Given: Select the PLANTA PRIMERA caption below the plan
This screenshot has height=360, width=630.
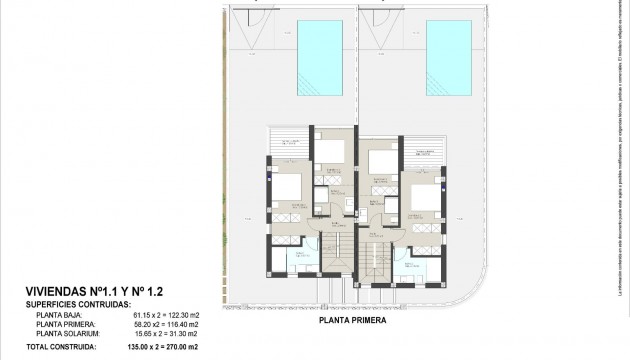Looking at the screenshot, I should [x=353, y=322].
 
